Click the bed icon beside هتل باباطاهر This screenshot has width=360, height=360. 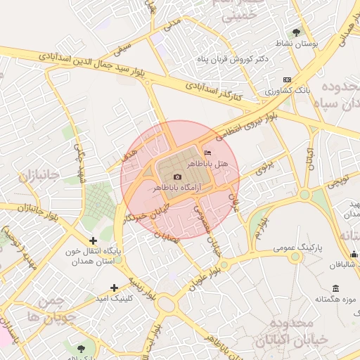coord(207,152)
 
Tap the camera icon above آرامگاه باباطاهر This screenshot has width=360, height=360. coord(177,176)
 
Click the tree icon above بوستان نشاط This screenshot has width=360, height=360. coord(296,32)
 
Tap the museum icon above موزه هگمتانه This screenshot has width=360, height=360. coord(335,289)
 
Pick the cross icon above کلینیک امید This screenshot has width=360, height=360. coord(115,287)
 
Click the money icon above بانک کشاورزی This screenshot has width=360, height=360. coord(285,79)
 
